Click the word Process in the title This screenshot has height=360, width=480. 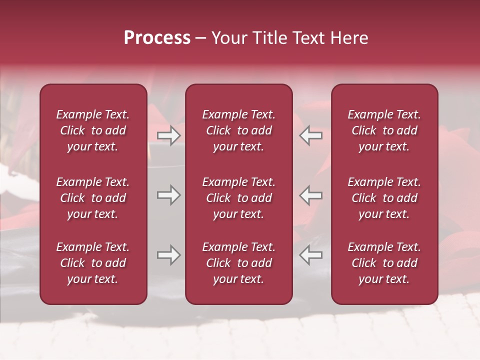[x=157, y=38]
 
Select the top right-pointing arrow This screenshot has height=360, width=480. [x=168, y=135]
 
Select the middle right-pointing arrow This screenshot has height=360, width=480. [x=168, y=195]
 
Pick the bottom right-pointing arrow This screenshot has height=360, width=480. [x=168, y=255]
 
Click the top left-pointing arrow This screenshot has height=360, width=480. [x=311, y=135]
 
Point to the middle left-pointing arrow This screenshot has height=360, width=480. [x=311, y=195]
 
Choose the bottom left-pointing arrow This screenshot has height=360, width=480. [x=311, y=255]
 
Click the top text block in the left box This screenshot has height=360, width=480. [x=93, y=130]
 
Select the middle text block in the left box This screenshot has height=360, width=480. [x=93, y=198]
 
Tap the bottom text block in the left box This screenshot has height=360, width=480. [x=93, y=263]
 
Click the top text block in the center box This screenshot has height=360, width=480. [x=239, y=130]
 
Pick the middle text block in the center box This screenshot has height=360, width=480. [x=239, y=198]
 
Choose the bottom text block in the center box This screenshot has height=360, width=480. [x=239, y=263]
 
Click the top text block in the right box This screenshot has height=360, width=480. [x=384, y=130]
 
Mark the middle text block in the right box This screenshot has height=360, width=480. [x=384, y=198]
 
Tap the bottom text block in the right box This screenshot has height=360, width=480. [x=384, y=263]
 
